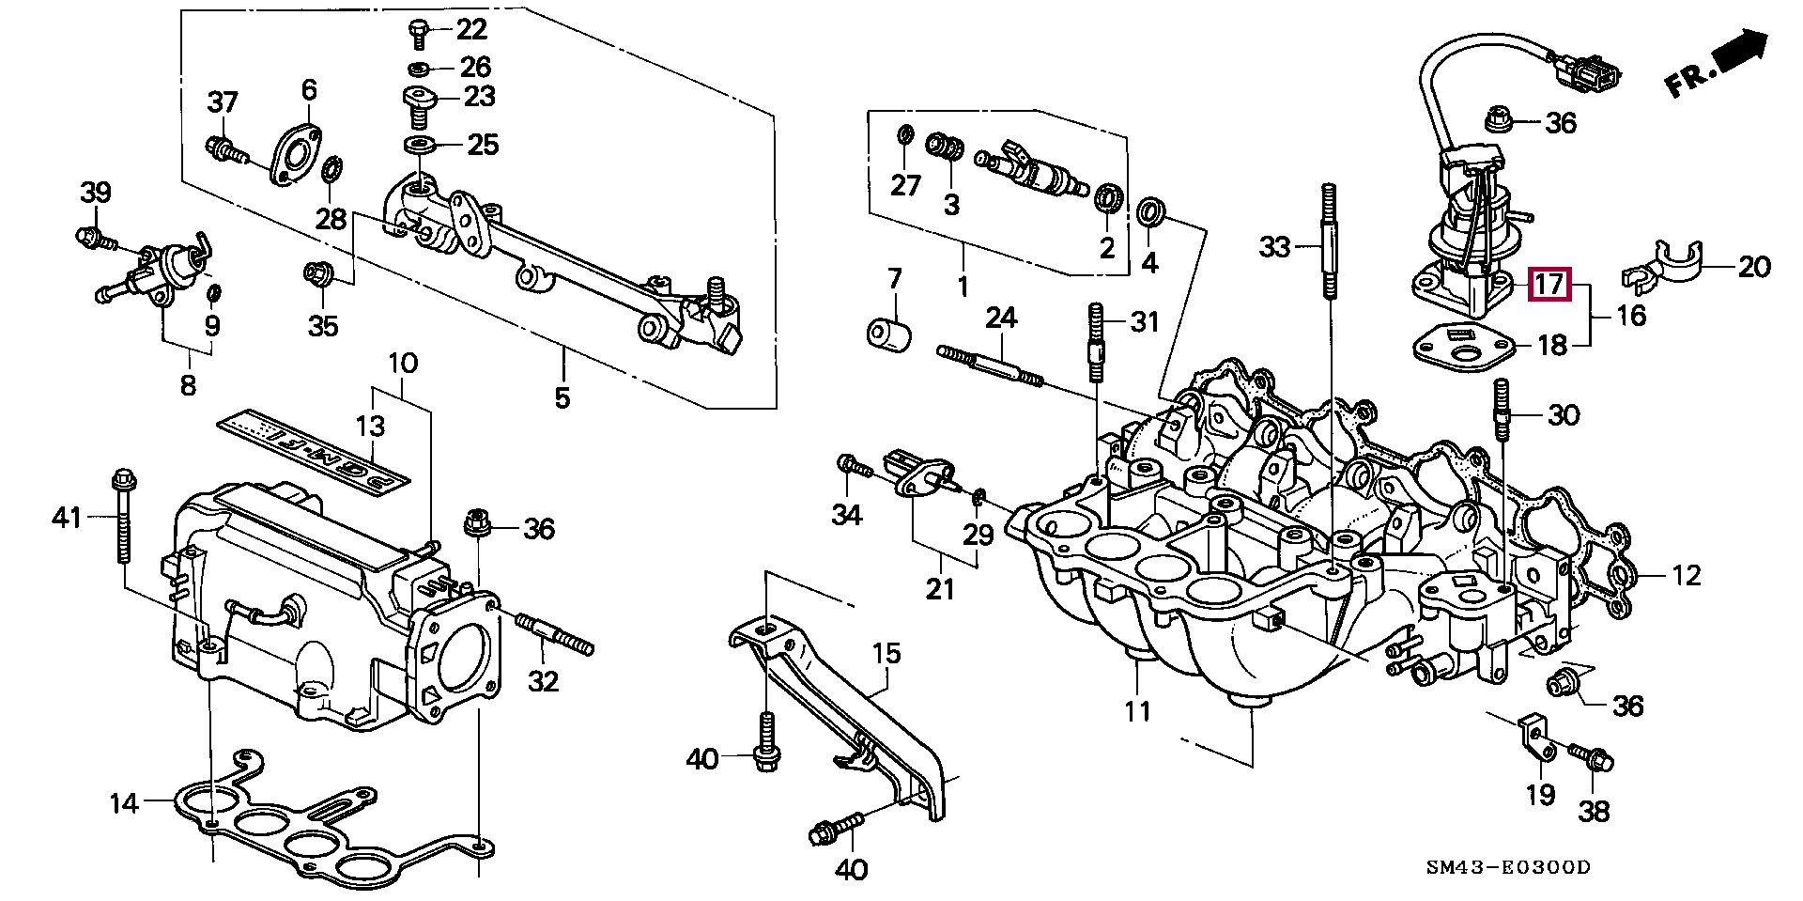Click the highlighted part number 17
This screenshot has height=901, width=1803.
[1549, 284]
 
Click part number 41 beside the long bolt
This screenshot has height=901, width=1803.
[67, 517]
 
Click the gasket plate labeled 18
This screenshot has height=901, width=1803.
[1465, 347]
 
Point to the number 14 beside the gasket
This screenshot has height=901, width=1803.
[123, 803]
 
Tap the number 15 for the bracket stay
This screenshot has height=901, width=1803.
[886, 653]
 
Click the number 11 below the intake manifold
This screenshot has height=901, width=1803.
[1137, 711]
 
